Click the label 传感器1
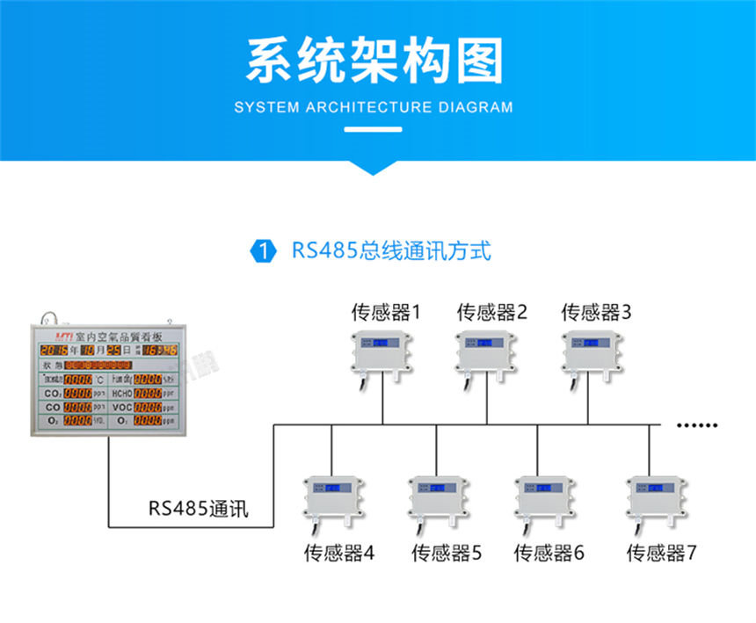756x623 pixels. [386, 312]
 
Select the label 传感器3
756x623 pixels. [597, 312]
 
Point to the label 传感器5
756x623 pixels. [447, 554]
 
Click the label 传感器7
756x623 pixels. [661, 554]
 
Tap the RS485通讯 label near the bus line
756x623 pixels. [198, 509]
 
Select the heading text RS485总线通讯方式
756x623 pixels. [391, 250]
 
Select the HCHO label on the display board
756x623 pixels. [122, 394]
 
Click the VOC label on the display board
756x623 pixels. [122, 408]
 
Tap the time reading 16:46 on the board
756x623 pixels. [161, 350]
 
